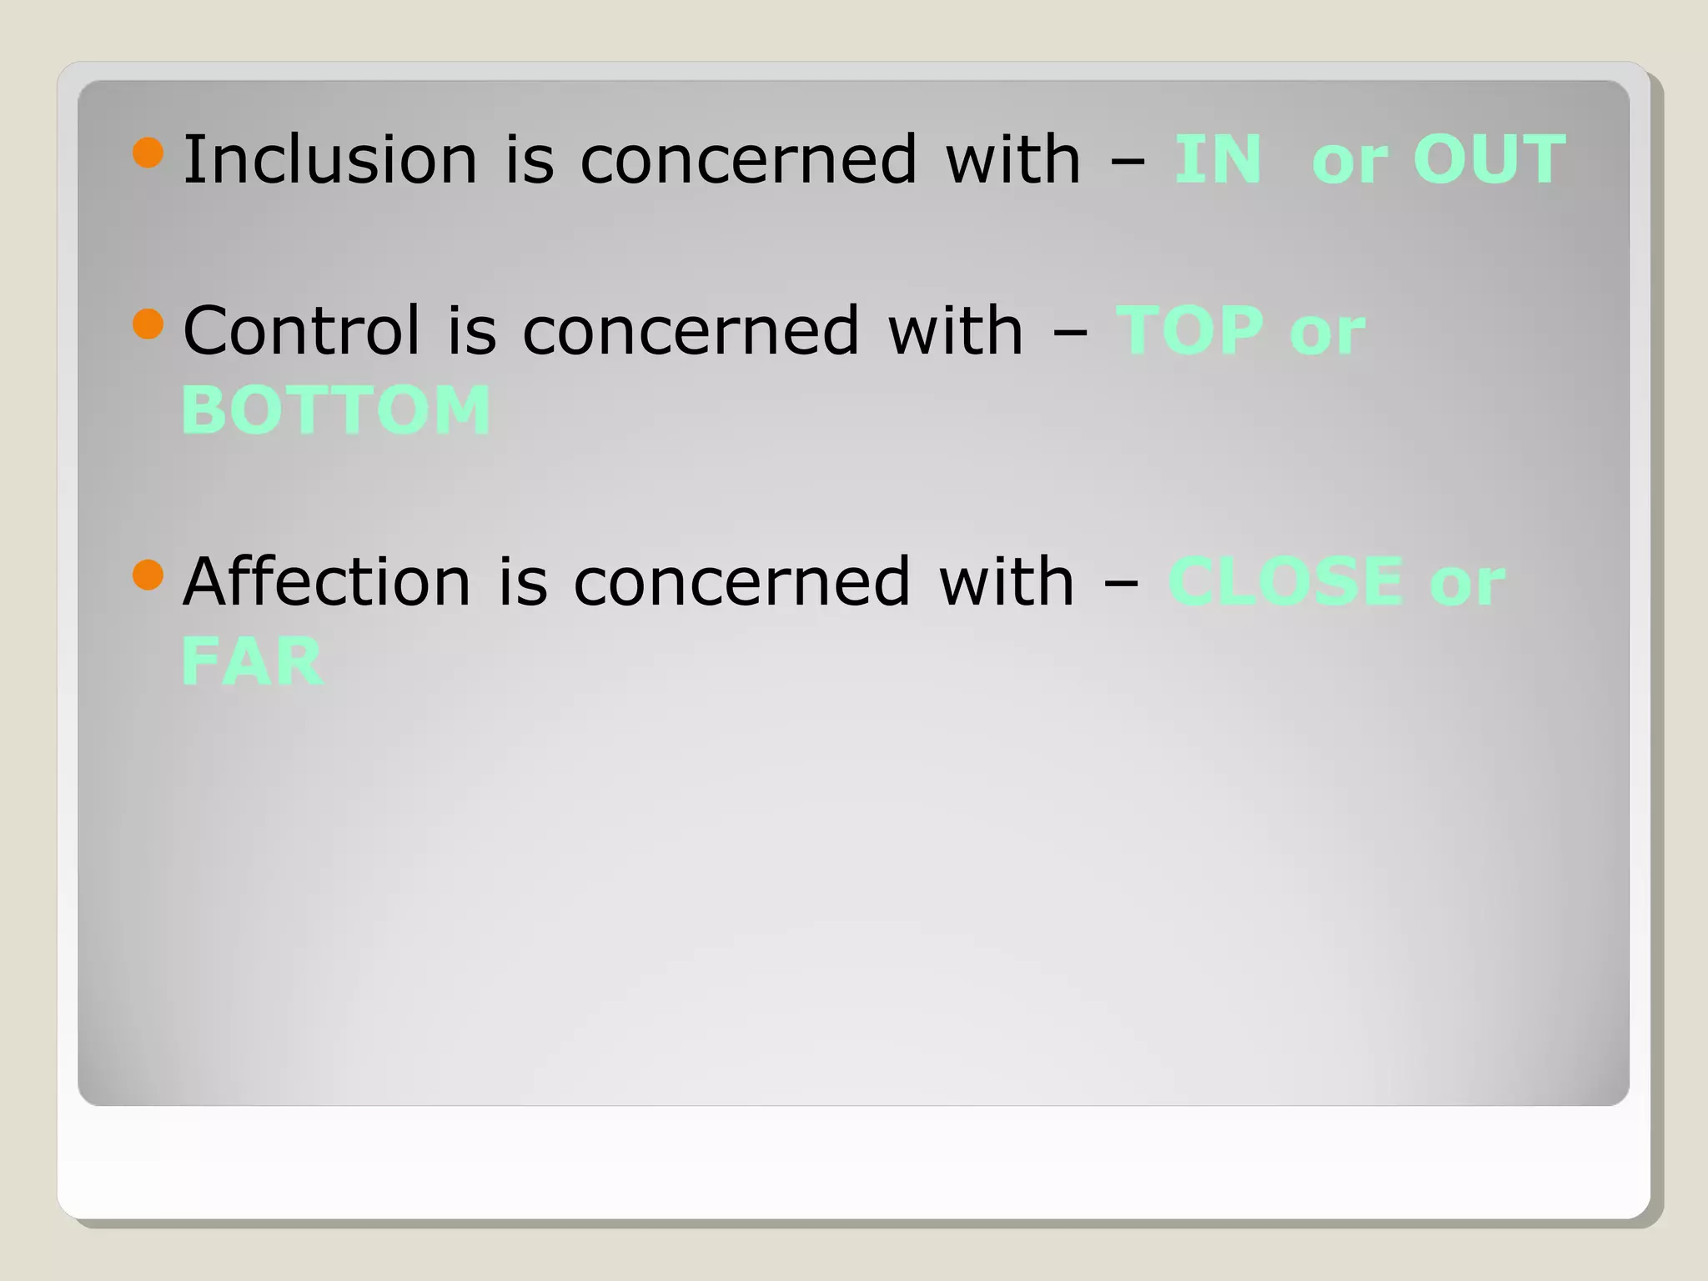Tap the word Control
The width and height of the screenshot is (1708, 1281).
point(301,330)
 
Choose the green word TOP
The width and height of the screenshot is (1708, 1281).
point(1190,330)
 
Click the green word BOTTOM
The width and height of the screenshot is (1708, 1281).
point(336,410)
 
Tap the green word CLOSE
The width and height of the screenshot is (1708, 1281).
point(1285,581)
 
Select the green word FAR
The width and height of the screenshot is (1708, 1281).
point(252,661)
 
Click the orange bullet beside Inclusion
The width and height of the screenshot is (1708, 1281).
point(148,153)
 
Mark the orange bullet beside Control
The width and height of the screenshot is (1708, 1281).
point(148,324)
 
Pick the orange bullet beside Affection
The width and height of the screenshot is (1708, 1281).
point(148,575)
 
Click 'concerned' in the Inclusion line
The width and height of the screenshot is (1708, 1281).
point(749,160)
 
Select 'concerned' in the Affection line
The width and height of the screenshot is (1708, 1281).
point(742,583)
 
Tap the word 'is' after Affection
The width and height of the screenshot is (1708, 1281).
point(524,581)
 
